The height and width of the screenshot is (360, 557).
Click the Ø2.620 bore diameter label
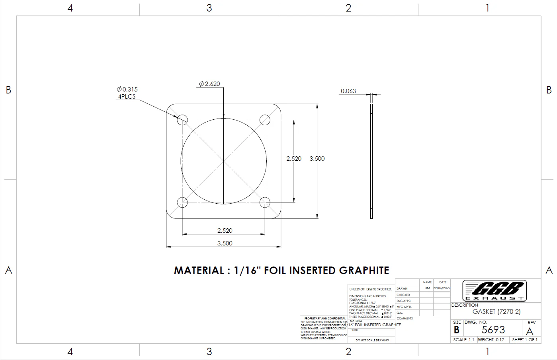point(209,84)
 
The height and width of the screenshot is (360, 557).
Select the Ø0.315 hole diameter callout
point(127,90)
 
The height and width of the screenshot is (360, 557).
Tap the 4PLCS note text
point(127,97)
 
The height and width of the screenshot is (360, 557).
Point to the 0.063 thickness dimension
point(348,91)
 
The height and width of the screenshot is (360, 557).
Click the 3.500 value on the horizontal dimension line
point(225,243)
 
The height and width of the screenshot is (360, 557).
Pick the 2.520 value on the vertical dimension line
point(294,159)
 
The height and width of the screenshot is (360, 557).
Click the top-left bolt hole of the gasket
point(182,119)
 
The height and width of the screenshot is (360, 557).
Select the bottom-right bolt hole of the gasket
point(265,202)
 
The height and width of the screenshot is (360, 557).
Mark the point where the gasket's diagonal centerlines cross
point(224,161)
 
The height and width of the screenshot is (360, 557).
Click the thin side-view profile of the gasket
point(371,161)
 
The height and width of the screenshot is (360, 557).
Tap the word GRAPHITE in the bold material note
point(364,270)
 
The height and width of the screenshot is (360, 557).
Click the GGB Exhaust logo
point(494,290)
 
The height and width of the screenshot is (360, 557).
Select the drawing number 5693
point(493,330)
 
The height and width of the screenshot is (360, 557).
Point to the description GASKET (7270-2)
point(496,312)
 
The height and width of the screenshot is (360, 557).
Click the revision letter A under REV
point(530,331)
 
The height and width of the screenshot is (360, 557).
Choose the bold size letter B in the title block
point(457,330)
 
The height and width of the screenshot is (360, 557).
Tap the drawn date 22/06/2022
point(442,288)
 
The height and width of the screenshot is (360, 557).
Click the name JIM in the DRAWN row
point(427,288)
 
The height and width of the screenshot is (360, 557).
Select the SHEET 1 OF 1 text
point(524,340)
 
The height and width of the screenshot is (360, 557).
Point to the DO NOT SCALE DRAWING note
point(372,340)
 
